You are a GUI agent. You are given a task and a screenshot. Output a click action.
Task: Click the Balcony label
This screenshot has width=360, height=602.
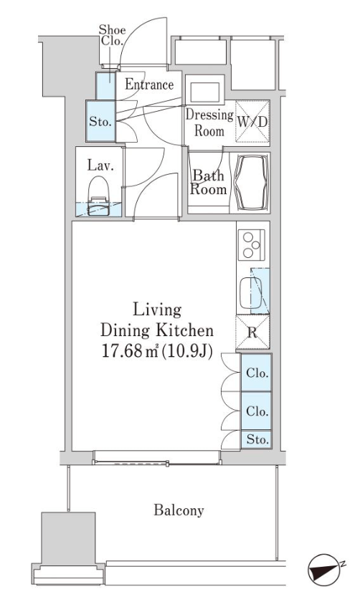pos(179,510)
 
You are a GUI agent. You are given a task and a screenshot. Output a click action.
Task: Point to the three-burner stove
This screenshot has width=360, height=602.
pos(252,244)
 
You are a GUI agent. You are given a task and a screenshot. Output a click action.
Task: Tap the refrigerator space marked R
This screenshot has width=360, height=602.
pos(252,332)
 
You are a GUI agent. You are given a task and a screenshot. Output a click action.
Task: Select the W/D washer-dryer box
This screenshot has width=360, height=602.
pos(252,121)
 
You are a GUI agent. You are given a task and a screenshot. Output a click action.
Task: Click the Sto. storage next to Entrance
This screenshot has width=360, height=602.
pos(100,121)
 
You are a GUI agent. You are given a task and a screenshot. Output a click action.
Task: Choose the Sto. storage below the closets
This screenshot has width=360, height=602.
pos(257,439)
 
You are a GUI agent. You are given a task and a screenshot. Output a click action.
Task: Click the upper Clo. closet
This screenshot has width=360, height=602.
pos(257,373)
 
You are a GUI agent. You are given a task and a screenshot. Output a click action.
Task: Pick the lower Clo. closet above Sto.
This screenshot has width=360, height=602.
pos(257,411)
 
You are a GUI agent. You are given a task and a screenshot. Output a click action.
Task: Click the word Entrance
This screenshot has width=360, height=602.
pos(149,84)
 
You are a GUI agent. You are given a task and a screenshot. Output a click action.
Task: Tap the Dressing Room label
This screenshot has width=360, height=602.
pos(209,123)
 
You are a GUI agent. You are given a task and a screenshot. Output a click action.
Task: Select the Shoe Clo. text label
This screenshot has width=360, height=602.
pos(112,35)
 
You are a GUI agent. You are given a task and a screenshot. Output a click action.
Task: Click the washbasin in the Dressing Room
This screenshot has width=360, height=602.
pos(204,90)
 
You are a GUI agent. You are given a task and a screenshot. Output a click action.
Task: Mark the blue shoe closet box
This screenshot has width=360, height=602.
pos(105,85)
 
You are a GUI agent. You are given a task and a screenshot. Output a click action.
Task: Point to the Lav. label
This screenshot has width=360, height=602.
pos(100,166)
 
